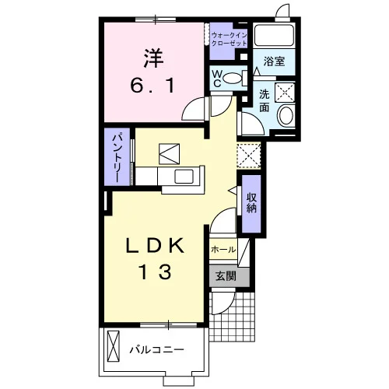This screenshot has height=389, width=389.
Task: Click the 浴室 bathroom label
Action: click(274, 61)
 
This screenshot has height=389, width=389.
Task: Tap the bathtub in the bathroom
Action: click(275, 35)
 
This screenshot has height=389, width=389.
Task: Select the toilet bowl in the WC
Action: click(232, 79)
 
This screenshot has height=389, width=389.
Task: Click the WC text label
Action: click(217, 79)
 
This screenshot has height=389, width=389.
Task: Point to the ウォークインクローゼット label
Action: click(229, 39)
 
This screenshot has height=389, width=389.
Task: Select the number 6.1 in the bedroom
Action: click(152, 86)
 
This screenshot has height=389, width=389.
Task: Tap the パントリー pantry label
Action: click(117, 158)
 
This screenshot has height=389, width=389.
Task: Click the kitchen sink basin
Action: click(184, 177)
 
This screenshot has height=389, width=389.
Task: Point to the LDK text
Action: click(155, 246)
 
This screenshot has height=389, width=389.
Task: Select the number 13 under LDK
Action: click(156, 272)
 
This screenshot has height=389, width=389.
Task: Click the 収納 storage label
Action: click(251, 203)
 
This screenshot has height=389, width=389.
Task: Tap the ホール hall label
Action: click(223, 250)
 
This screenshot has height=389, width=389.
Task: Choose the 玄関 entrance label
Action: click(226, 276)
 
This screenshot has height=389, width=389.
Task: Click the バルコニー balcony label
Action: click(156, 350)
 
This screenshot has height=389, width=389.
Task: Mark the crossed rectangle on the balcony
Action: click(114, 346)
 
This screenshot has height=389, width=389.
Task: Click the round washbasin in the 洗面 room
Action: click(286, 115)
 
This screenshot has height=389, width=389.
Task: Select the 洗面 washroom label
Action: click(265, 101)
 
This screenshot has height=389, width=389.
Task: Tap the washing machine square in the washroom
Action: click(285, 92)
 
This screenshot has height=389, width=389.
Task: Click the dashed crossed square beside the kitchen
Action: click(249, 156)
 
